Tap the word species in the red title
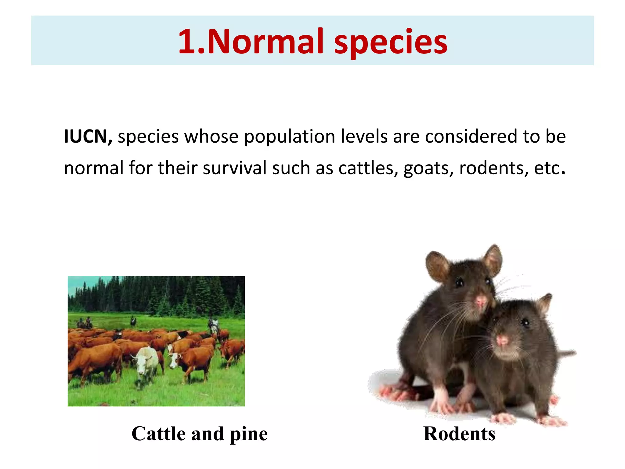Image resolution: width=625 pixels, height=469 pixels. pyautogui.click(x=391, y=43)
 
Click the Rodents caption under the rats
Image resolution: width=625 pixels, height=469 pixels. pyautogui.click(x=459, y=434)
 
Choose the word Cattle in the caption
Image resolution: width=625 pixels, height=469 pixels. pyautogui.click(x=158, y=434)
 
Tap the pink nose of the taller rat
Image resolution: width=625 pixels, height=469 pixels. pyautogui.click(x=481, y=301)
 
